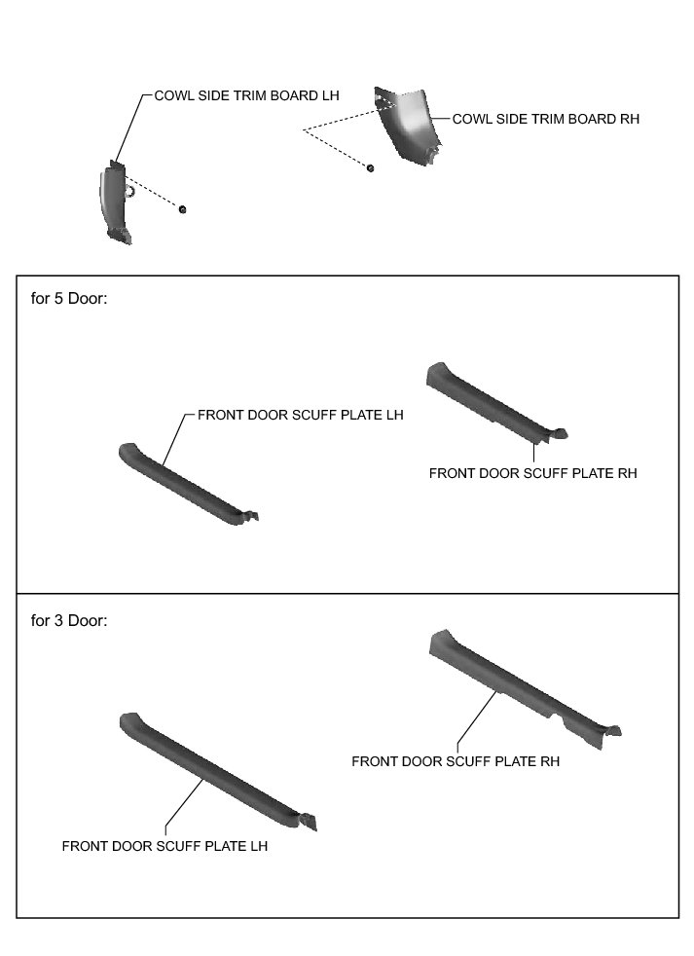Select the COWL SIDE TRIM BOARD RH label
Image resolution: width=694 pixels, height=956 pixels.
point(546,119)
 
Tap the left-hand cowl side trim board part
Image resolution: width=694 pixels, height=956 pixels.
point(115,202)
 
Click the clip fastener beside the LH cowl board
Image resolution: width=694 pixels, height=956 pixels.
point(183,209)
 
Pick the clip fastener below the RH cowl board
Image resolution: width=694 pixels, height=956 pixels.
point(371,167)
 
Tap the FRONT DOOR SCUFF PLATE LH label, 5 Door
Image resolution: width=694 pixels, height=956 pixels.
point(300,414)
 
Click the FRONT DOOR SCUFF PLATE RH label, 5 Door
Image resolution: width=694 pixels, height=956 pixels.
point(532,473)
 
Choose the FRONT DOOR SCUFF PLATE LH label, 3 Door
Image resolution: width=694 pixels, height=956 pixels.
point(164,846)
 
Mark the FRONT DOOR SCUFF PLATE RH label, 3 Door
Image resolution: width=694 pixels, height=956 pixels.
point(456,761)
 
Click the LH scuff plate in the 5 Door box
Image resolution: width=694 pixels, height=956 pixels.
point(185,482)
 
